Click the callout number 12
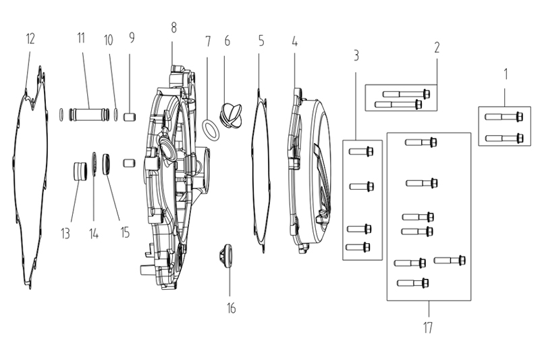point(30,38)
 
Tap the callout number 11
point(81,38)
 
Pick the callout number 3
point(356,55)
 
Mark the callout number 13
point(65,234)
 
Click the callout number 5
point(261,41)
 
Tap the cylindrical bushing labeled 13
point(80,171)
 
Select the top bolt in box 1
point(504,116)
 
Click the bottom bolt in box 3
point(358,247)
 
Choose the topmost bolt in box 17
point(421,142)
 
